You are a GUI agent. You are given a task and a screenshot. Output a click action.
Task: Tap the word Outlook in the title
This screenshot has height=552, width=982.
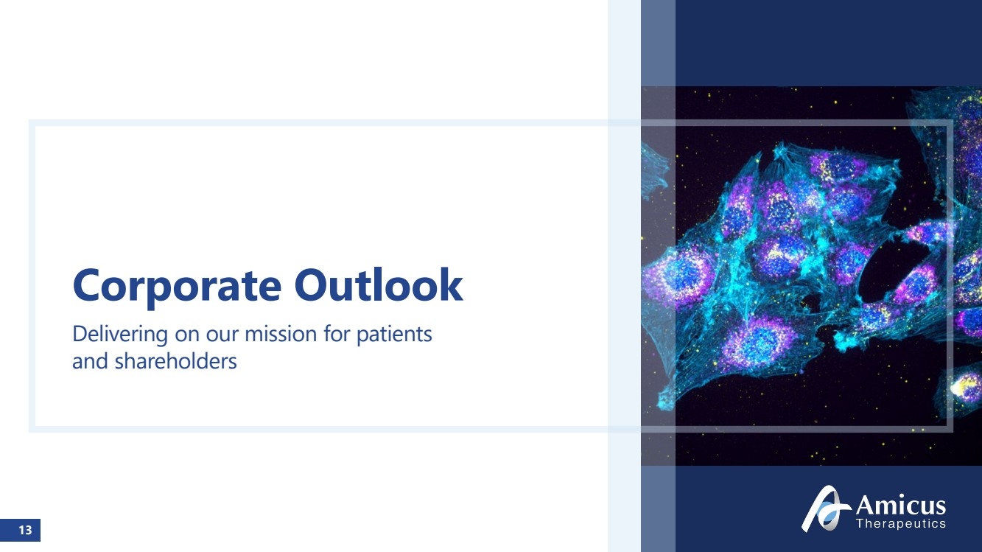(x=379, y=285)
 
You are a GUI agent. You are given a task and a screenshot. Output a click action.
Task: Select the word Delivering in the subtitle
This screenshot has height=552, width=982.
(x=120, y=334)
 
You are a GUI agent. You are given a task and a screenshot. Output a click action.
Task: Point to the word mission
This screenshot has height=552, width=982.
(x=281, y=334)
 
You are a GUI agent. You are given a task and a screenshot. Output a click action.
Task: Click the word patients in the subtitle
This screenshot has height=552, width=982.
(x=395, y=335)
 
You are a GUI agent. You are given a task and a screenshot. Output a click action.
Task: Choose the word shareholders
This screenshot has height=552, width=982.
(x=176, y=361)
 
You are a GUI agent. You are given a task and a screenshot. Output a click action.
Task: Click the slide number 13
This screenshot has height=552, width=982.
(x=25, y=530)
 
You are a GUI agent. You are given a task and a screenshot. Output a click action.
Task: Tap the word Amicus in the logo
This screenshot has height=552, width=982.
(x=901, y=505)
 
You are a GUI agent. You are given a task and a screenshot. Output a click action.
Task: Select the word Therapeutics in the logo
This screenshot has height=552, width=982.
(x=901, y=523)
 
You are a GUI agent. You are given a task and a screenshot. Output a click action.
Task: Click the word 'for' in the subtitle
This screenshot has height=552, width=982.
(x=337, y=334)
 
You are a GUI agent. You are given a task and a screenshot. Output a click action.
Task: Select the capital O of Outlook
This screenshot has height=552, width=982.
(x=313, y=285)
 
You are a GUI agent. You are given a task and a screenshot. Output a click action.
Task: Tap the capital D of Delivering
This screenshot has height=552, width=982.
(x=80, y=334)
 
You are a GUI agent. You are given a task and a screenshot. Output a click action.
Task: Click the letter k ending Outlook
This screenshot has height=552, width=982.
(x=452, y=284)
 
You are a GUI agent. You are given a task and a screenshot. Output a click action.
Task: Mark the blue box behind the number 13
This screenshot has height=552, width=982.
(x=20, y=530)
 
